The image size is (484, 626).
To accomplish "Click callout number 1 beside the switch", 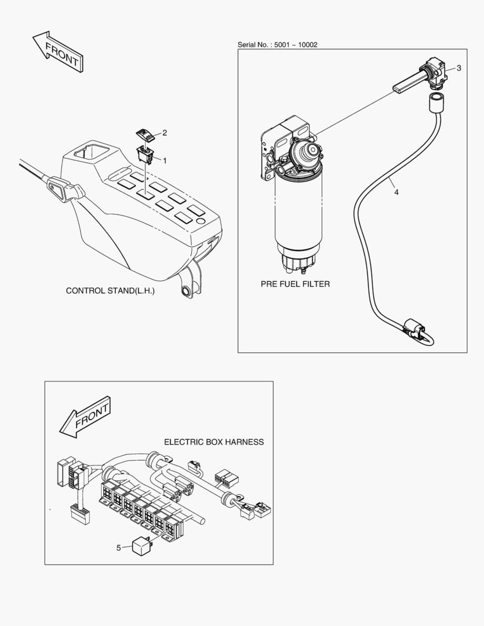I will pos(164,159).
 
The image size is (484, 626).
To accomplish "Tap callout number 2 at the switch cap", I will pos(165,133).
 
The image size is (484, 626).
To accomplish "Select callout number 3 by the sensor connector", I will pos(458,68).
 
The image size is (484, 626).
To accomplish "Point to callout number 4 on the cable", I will pos(396,192).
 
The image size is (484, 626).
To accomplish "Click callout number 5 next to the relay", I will pos(119,547).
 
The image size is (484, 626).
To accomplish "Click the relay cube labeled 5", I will pos(141,546).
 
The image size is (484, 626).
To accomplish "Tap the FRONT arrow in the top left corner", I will pos(57,53).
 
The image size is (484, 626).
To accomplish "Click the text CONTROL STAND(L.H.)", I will pos(110,290).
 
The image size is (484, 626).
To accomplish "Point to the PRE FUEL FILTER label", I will pos(295,284).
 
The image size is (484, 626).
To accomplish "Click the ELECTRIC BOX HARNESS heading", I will pos(213,442).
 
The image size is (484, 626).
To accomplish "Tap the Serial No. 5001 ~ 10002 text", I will pos(277,45).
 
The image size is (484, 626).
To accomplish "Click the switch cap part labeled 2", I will pos(145,134).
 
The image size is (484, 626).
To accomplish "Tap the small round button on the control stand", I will pos(201,221).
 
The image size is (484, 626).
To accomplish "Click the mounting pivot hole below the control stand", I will pos(187,290).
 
